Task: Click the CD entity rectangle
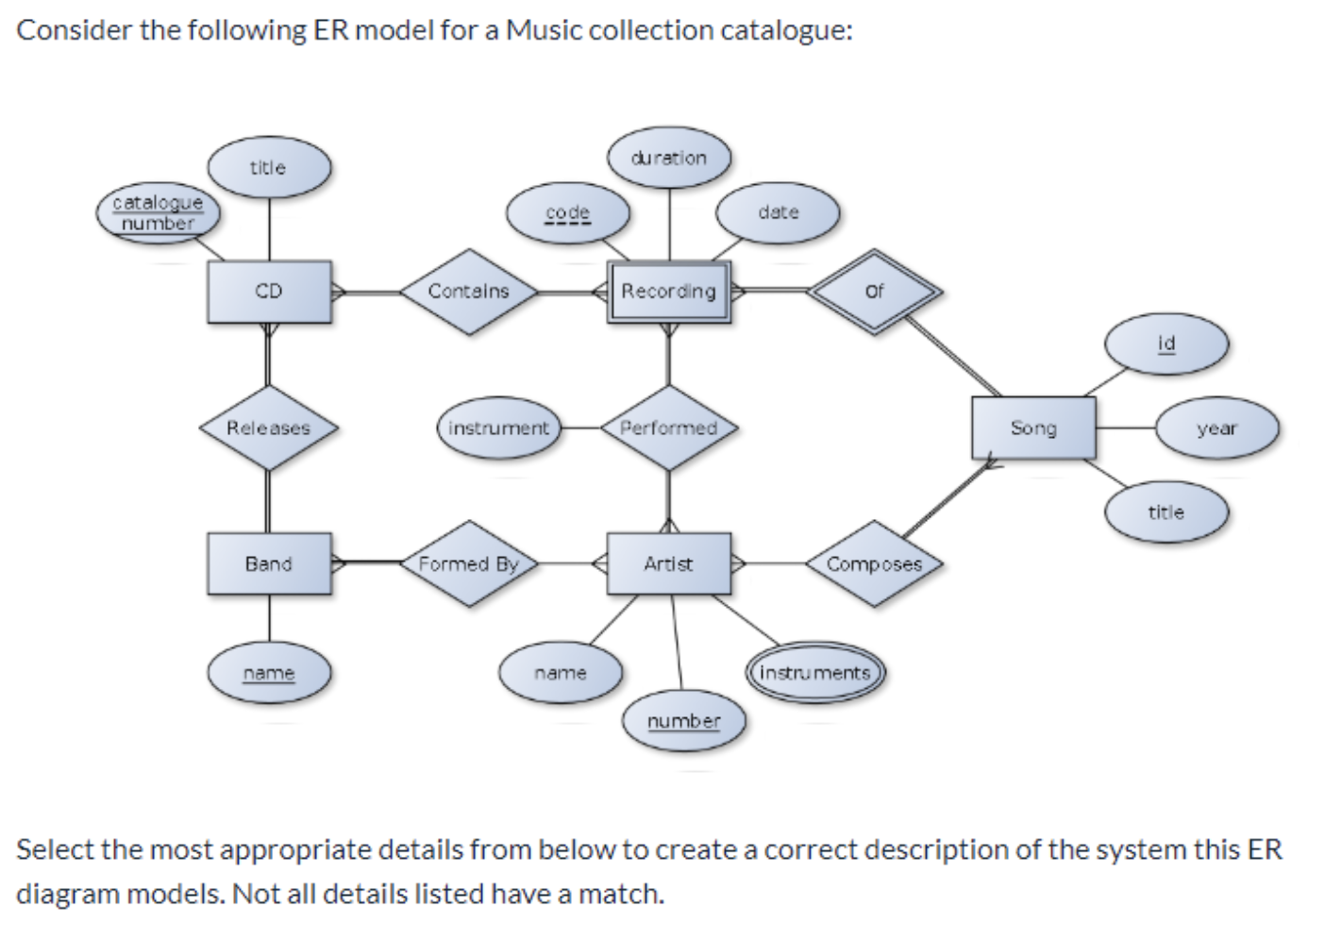269,292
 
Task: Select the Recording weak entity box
668,292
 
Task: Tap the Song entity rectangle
1033,428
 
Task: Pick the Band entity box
269,563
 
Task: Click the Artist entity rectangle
668,563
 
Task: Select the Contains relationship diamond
468,292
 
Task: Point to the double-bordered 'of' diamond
875,292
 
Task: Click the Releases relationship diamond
269,428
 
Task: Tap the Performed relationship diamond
668,428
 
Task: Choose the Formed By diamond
468,563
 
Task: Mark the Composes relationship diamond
875,563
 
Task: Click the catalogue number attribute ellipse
158,213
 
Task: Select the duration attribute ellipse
669,158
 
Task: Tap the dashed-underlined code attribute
567,213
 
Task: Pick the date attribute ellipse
778,213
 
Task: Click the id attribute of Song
1166,344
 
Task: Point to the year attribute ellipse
1216,428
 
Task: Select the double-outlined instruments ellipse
814,673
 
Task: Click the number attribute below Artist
683,722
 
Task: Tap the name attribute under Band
269,673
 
